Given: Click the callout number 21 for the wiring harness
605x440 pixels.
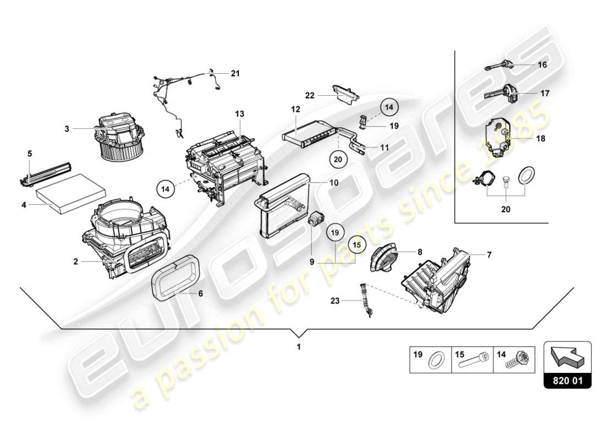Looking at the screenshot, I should pos(235,73).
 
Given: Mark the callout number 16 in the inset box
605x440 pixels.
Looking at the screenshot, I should pos(542,65).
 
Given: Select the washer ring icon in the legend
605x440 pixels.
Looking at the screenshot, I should pos(437,361).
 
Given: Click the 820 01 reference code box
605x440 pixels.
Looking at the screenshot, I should pos(568,380).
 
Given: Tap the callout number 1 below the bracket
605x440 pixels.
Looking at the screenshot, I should pos(299,347).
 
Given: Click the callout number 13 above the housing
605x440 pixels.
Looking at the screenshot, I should pos(239,114).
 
